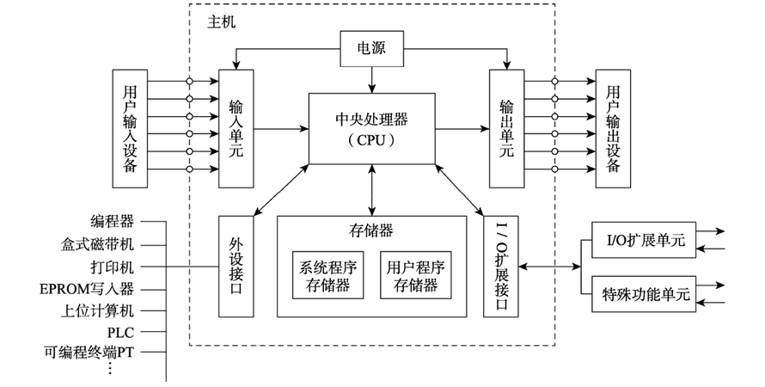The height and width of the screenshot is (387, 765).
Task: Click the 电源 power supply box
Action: (x=372, y=49)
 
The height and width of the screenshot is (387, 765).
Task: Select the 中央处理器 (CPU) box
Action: (x=372, y=128)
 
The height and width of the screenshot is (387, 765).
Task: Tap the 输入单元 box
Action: (x=236, y=128)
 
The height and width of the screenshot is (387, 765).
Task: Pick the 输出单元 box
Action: (x=506, y=128)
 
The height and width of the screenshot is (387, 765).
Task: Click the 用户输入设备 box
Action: (x=130, y=128)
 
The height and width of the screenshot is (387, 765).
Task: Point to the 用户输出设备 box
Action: (x=612, y=128)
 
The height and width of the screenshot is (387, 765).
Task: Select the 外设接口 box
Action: (x=236, y=266)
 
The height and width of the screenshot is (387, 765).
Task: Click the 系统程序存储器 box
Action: (x=326, y=275)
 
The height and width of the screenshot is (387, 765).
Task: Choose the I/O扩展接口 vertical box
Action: (x=501, y=266)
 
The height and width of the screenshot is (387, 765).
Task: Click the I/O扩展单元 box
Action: (x=640, y=240)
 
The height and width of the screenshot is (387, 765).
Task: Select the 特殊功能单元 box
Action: (x=646, y=294)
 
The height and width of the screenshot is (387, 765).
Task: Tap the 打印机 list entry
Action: (x=112, y=266)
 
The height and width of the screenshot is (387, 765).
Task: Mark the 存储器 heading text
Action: (x=371, y=230)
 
